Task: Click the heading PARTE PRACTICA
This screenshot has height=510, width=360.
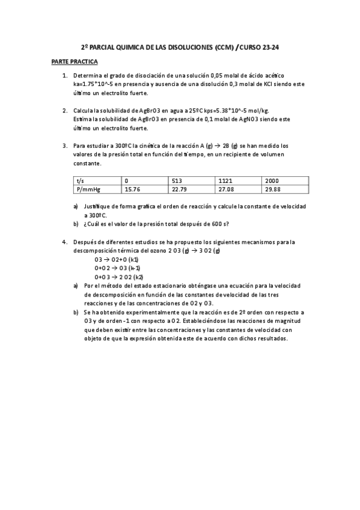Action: (x=75, y=62)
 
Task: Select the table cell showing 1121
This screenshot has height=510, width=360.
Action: (x=225, y=180)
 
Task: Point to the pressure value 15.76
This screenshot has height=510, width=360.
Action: (x=132, y=189)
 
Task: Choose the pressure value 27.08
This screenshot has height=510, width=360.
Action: (x=226, y=189)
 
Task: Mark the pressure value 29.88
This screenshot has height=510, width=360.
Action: (x=273, y=189)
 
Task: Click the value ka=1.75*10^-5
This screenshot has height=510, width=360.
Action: (x=94, y=84)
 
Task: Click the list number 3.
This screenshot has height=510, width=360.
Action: (x=64, y=146)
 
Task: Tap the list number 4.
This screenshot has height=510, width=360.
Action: (x=64, y=242)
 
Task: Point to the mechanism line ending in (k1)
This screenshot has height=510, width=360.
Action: (x=117, y=259)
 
